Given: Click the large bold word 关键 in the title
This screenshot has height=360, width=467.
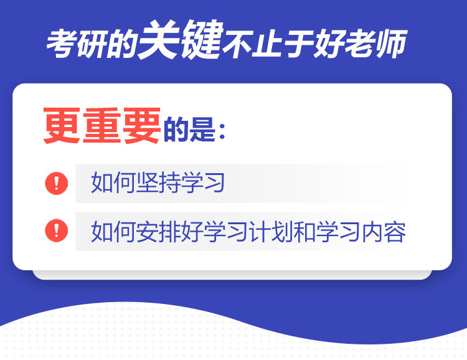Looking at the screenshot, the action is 181,39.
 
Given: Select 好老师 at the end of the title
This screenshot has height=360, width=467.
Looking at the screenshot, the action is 361,44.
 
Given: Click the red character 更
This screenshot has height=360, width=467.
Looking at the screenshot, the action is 62,126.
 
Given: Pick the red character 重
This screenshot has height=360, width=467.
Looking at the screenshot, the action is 102,126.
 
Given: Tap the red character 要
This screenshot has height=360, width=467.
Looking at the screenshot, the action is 142,126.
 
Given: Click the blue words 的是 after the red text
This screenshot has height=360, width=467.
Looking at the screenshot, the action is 189,129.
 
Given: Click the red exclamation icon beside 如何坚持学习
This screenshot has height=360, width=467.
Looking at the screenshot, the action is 57,183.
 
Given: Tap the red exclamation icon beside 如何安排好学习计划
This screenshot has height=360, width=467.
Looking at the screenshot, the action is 57,230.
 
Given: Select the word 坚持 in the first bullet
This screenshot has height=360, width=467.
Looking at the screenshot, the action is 158,182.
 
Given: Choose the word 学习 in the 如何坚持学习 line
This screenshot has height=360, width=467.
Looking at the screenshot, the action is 202,182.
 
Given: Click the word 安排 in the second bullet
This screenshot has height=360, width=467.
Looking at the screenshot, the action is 158,231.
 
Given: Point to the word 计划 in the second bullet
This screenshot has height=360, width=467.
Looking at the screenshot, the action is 270,231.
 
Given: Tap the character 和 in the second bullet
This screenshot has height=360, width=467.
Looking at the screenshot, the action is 304,231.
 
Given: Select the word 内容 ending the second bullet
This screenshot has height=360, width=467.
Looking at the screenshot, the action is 384,231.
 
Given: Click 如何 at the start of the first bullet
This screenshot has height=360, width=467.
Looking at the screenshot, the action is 113,182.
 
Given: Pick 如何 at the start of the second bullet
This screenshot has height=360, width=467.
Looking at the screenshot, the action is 113,231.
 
